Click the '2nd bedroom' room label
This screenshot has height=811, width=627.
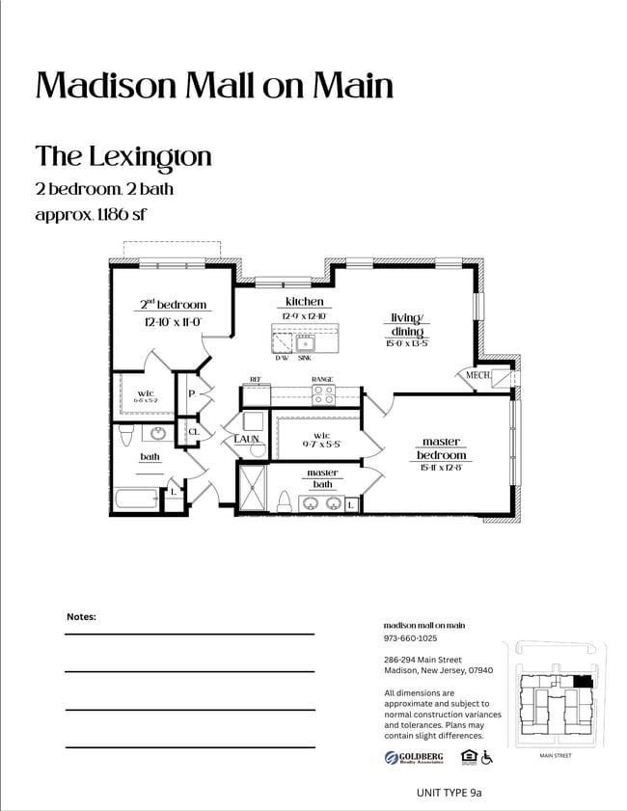click(174, 305)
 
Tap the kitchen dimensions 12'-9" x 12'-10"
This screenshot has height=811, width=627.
click(304, 316)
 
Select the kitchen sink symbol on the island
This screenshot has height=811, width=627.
click(306, 342)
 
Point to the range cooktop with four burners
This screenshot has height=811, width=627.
click(323, 394)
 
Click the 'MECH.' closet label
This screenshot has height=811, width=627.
click(478, 375)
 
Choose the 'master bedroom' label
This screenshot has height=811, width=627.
click(441, 448)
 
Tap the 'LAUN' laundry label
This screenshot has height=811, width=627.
click(247, 439)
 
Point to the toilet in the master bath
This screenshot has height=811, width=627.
click(285, 501)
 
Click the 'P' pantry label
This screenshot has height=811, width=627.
click(192, 394)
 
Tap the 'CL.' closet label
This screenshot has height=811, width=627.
click(193, 432)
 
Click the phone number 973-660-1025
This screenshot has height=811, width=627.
click(410, 638)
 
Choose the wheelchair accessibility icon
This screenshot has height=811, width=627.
click(488, 758)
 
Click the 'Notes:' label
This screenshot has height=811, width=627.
click(81, 616)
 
